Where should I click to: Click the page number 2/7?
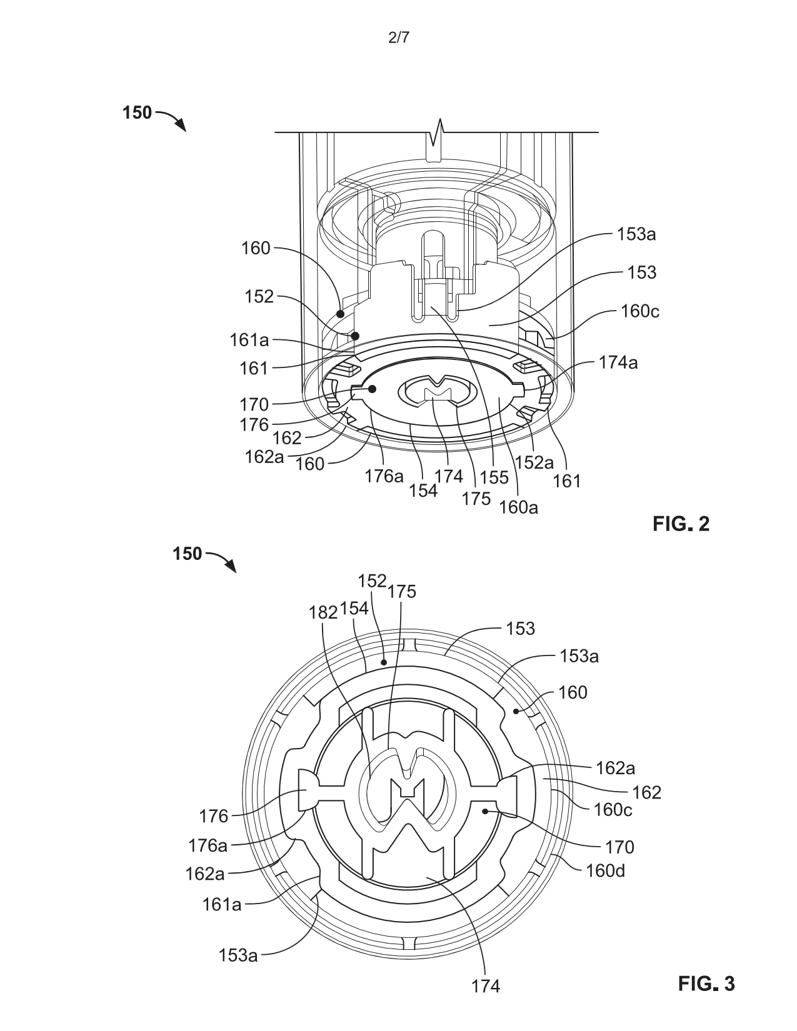coord(398,38)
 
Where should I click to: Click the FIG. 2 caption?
coord(681,524)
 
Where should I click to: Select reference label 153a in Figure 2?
coord(636,234)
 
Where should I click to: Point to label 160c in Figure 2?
coord(640,311)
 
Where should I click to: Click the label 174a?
coord(618,362)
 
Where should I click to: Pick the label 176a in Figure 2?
coord(384,476)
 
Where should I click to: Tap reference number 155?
coord(494,478)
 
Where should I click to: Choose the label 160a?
coord(518,507)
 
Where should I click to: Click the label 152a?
coord(534,462)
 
